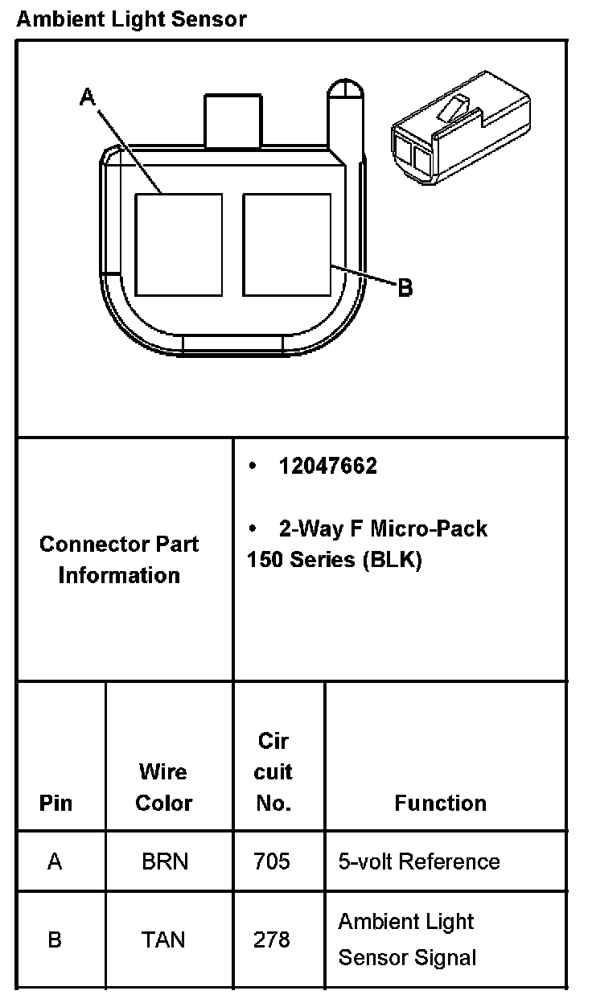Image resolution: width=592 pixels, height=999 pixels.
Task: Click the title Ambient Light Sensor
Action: [131, 18]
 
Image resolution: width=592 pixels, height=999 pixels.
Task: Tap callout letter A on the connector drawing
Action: [88, 97]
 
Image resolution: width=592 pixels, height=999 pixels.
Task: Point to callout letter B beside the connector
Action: [405, 287]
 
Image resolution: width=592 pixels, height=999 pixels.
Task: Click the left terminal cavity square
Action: [178, 244]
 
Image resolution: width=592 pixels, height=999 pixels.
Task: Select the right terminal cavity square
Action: [286, 244]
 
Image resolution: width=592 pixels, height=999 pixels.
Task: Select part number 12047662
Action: [327, 467]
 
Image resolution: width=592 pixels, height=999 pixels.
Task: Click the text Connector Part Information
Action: [119, 560]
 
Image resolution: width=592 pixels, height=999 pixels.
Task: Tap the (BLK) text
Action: [392, 561]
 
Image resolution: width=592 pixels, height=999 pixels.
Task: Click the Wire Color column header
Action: [164, 787]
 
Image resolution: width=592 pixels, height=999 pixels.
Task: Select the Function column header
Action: [440, 803]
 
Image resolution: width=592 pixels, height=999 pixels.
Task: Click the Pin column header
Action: [55, 803]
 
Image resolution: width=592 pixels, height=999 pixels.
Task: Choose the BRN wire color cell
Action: [165, 862]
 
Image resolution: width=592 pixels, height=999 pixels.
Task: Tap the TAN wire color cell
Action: [163, 939]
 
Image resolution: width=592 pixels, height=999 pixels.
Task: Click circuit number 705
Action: [272, 862]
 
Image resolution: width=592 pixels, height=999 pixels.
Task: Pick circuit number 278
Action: [272, 939]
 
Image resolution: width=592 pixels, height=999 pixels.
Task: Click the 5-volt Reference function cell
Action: [419, 862]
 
